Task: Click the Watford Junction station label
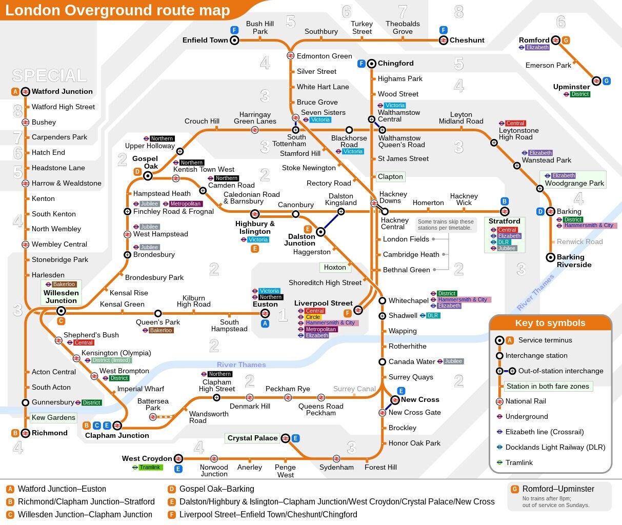(62, 91)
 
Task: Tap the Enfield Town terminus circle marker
(234, 40)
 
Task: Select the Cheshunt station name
(467, 40)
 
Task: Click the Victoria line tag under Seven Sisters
(320, 120)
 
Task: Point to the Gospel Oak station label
(145, 163)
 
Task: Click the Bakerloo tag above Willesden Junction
(64, 284)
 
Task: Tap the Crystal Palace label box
(252, 438)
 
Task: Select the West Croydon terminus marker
(178, 458)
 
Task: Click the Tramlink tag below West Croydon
(150, 467)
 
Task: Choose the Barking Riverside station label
(574, 261)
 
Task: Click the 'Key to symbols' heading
(550, 323)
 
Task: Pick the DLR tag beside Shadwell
(432, 315)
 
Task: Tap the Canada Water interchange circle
(382, 361)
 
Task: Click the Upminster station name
(571, 87)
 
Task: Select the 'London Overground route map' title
(117, 10)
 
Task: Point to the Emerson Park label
(548, 65)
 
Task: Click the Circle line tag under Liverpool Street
(313, 317)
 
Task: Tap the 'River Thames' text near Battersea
(241, 365)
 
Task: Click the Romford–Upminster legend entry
(558, 489)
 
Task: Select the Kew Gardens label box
(53, 417)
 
